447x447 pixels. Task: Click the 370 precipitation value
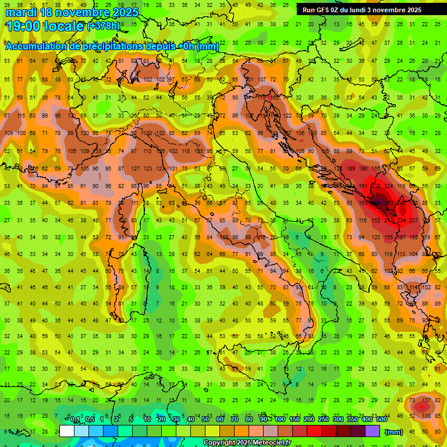388,203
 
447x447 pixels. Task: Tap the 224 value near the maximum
388,186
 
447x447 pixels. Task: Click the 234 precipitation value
401,220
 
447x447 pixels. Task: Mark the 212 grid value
375,186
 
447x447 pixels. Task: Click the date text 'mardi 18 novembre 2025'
72,12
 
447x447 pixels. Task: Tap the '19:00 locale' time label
45,26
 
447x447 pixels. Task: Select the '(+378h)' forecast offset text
104,26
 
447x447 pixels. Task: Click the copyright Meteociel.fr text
247,442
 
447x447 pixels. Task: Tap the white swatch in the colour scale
67,431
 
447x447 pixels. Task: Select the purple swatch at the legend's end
372,431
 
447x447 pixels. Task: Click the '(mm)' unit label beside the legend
394,432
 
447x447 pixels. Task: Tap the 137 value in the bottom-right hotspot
427,400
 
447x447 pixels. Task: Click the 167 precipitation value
401,237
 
